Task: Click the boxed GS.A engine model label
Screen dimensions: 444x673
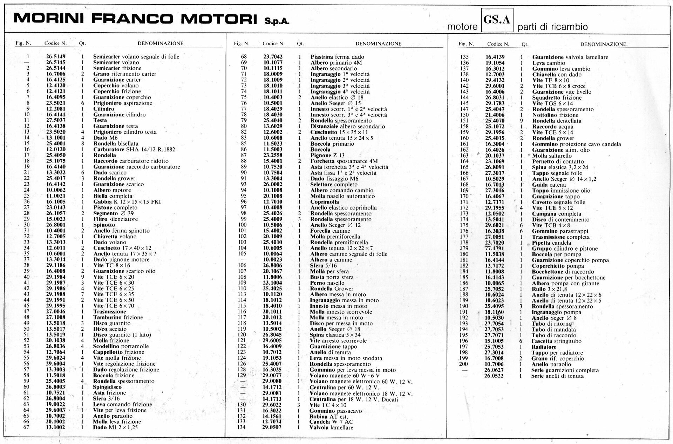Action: (497, 20)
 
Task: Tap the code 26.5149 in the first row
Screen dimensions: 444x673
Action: (56, 57)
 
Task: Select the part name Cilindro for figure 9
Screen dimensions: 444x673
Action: (104, 109)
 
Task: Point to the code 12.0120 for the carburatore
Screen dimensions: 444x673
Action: (56, 149)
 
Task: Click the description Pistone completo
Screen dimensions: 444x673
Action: (113, 207)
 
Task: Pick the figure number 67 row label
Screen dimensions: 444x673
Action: (26, 427)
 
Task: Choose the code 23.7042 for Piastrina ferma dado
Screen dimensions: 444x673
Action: (273, 57)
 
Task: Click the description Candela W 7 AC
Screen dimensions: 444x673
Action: (331, 422)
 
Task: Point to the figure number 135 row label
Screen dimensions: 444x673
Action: (464, 57)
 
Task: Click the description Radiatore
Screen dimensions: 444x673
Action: (544, 347)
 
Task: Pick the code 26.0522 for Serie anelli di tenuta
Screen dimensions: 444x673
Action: (494, 376)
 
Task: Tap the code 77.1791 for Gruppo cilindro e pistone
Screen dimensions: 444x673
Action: (494, 248)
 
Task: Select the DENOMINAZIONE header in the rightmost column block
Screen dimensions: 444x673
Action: (603, 44)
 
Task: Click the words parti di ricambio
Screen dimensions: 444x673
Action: (552, 27)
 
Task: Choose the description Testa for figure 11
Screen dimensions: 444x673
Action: (100, 120)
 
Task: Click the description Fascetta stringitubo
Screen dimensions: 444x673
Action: (556, 341)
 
